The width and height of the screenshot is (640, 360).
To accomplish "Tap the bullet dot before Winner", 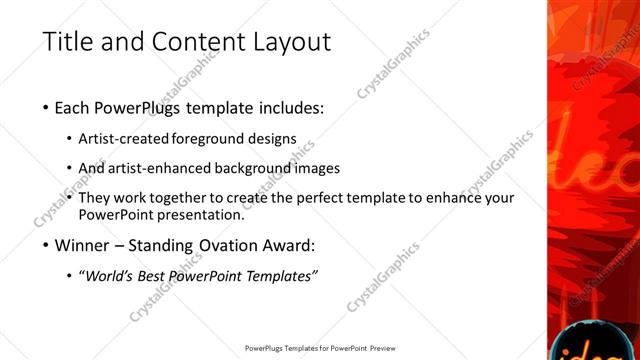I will [47, 245].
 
